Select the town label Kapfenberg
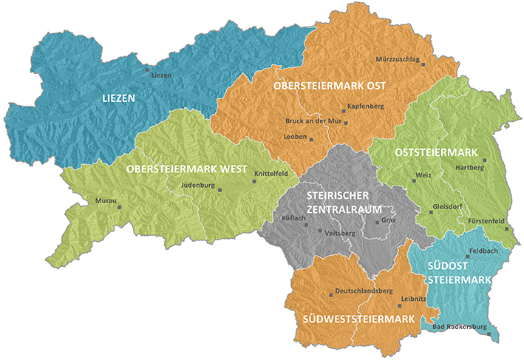click(364, 106)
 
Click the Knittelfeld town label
click(275, 174)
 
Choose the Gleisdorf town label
click(449, 206)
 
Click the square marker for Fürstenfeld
click(507, 228)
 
